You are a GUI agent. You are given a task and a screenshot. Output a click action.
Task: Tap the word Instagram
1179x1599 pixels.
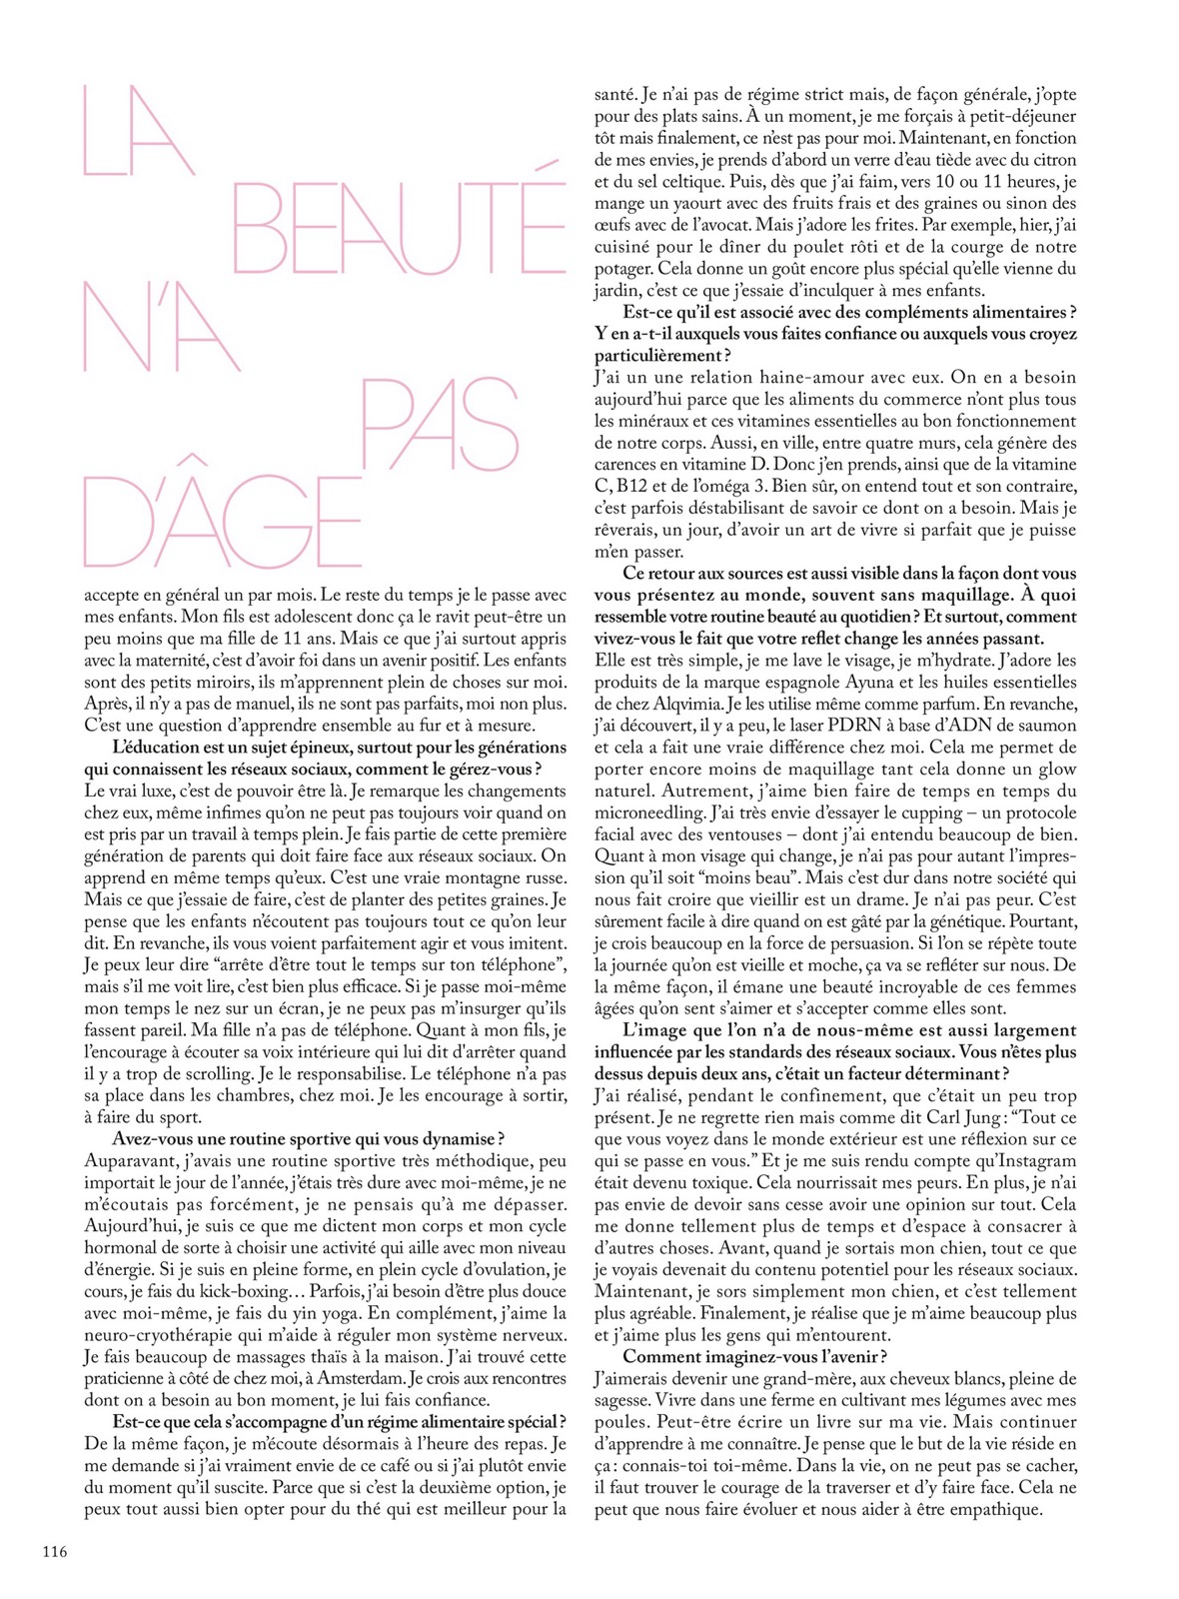(1029, 1161)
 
